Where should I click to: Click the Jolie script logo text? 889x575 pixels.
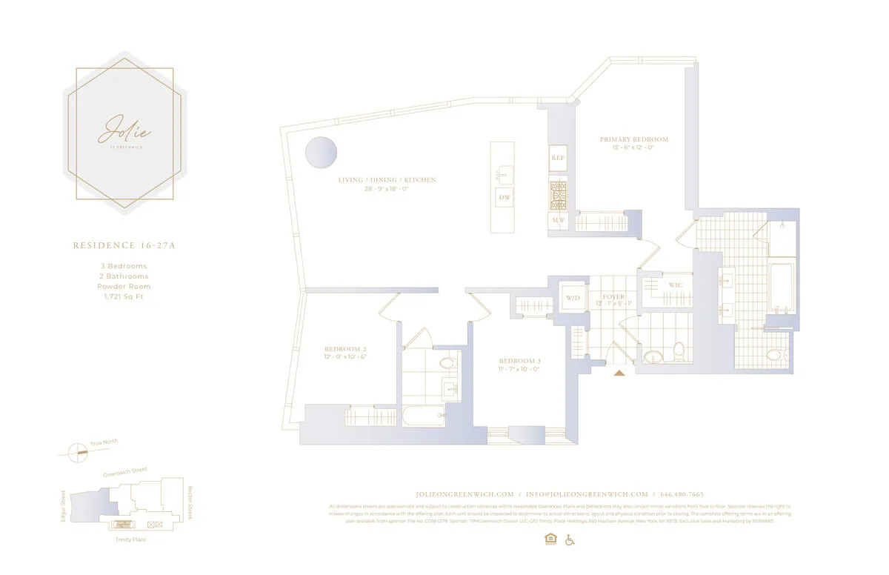tap(124, 130)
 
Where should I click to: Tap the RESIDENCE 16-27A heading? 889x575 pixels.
tap(124, 245)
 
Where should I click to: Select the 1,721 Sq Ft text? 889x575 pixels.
tap(124, 296)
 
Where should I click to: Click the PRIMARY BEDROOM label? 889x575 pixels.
tap(634, 139)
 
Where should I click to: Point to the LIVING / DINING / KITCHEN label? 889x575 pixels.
tap(387, 180)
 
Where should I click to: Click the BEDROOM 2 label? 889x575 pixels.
tap(345, 349)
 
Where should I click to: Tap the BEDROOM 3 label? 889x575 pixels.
tap(519, 361)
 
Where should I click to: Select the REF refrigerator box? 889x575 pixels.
tap(558, 158)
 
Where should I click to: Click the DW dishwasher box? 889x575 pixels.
tap(505, 198)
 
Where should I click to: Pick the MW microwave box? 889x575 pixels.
tap(558, 220)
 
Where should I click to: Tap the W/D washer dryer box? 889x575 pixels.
tap(573, 298)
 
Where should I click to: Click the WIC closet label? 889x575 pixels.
tap(675, 285)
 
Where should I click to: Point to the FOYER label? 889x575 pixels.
tap(613, 297)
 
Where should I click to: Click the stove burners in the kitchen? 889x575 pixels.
tap(558, 194)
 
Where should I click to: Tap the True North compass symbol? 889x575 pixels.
tap(76, 452)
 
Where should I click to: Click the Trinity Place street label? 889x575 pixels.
tap(130, 539)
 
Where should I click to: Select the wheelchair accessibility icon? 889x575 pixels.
tap(570, 539)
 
